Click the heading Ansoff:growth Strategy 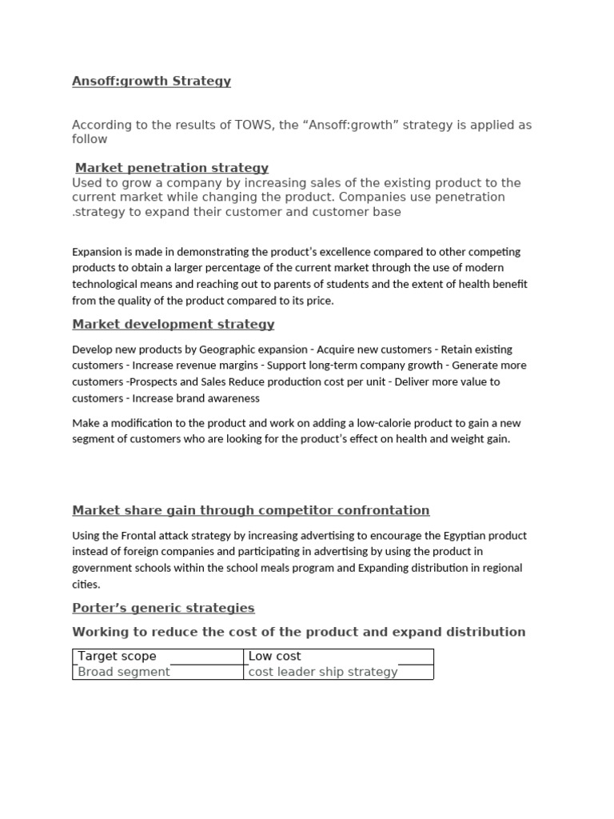pos(151,81)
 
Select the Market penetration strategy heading pos(172,168)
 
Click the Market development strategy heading pos(173,324)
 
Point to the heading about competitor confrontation pos(250,510)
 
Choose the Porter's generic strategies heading pos(163,608)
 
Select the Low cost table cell pos(274,656)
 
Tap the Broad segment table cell pos(123,672)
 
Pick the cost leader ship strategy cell pos(323,672)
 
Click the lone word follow pos(90,139)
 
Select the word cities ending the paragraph pos(85,585)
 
